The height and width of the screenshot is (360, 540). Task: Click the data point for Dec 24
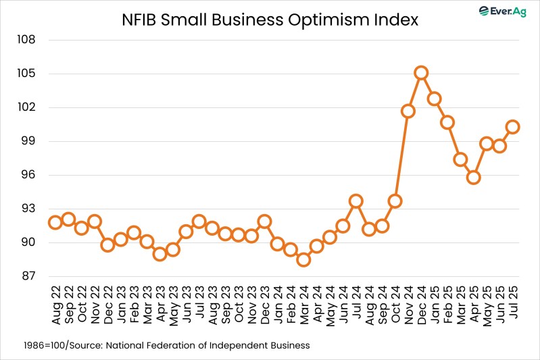click(x=421, y=73)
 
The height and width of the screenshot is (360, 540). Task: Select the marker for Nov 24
click(x=408, y=111)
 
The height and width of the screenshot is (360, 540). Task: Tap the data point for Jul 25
click(x=512, y=126)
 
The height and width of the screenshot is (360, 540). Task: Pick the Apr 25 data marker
click(x=473, y=178)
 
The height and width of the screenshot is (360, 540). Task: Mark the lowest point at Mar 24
click(x=303, y=259)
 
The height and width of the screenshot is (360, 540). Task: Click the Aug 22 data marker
click(x=55, y=222)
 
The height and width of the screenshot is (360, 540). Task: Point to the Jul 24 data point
click(x=355, y=201)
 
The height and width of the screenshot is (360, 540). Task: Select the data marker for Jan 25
click(x=434, y=99)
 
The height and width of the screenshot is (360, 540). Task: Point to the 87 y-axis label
click(x=28, y=276)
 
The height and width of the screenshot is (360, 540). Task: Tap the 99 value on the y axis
click(x=28, y=141)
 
